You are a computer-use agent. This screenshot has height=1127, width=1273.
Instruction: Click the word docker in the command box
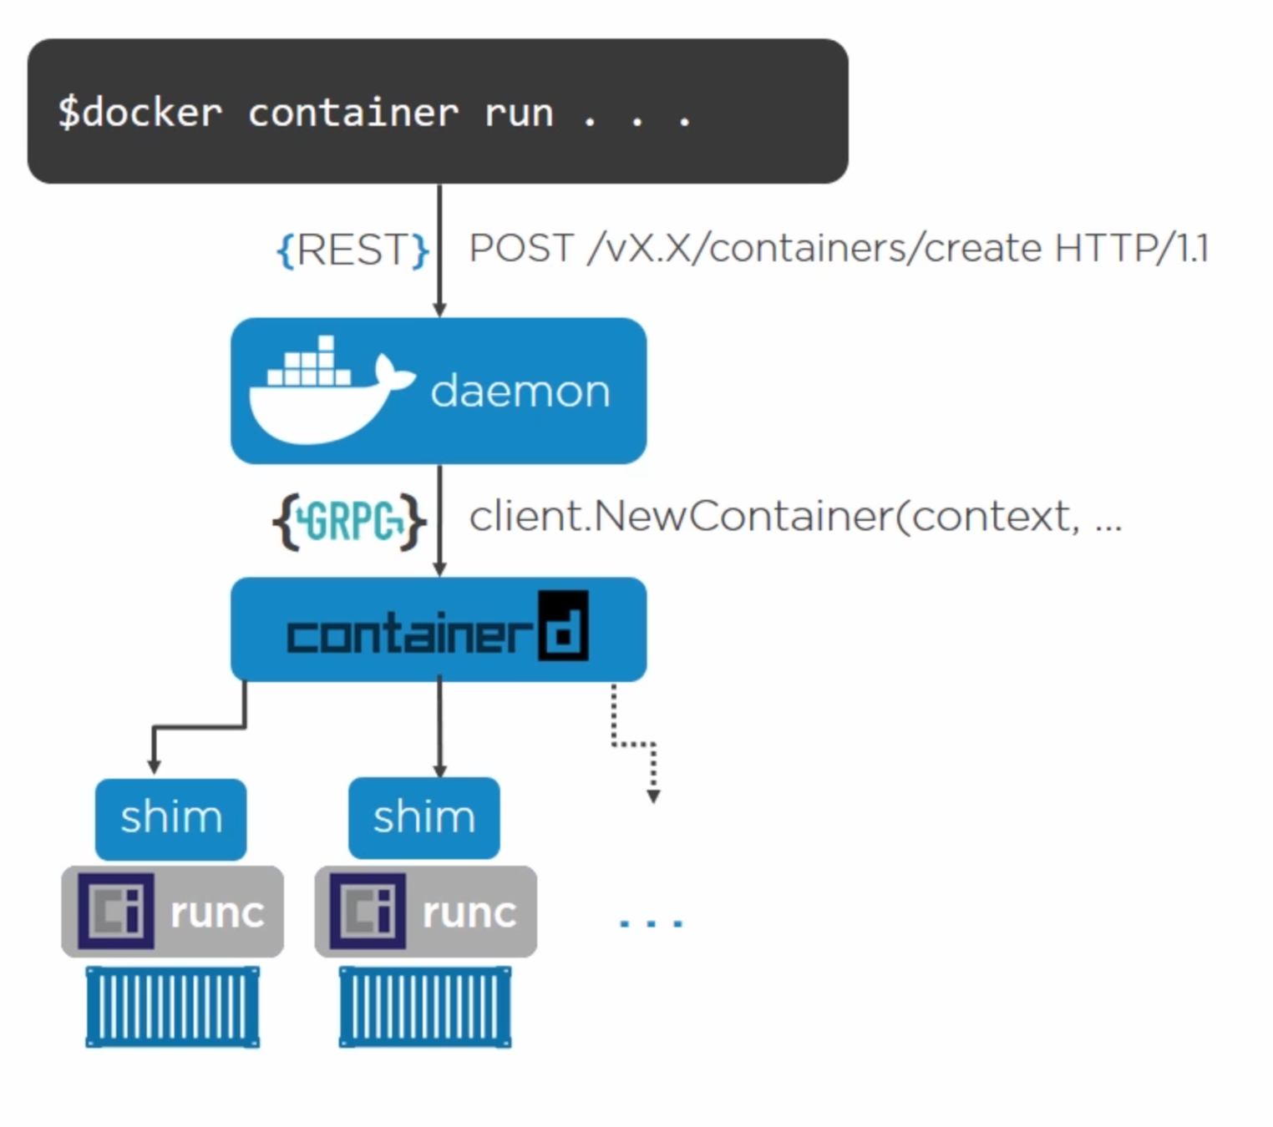153,113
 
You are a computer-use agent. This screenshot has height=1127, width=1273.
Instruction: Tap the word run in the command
519,113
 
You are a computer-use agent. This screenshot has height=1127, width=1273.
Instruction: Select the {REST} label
352,250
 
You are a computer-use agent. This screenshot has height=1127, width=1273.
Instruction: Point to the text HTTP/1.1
1131,248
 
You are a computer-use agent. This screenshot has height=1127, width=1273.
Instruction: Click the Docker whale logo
329,391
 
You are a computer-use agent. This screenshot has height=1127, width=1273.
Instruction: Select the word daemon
520,391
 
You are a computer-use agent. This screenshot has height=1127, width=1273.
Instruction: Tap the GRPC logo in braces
349,522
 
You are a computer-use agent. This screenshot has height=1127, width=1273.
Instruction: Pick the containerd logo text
437,629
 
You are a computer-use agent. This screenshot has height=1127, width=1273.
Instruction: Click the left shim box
170,818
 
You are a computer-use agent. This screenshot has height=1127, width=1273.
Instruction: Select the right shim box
423,817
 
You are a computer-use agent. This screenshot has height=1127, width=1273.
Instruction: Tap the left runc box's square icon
116,911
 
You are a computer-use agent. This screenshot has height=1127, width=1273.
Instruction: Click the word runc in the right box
469,912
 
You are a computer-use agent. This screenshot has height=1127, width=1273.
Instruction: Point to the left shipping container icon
172,1006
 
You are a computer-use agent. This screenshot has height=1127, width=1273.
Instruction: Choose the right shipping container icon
424,1006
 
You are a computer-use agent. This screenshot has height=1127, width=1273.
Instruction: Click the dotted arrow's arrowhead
653,796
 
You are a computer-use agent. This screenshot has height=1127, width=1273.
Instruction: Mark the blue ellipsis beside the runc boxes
651,922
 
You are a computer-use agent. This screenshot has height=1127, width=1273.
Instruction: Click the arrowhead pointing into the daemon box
439,310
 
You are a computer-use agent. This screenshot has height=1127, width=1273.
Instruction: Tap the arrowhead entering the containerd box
439,569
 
